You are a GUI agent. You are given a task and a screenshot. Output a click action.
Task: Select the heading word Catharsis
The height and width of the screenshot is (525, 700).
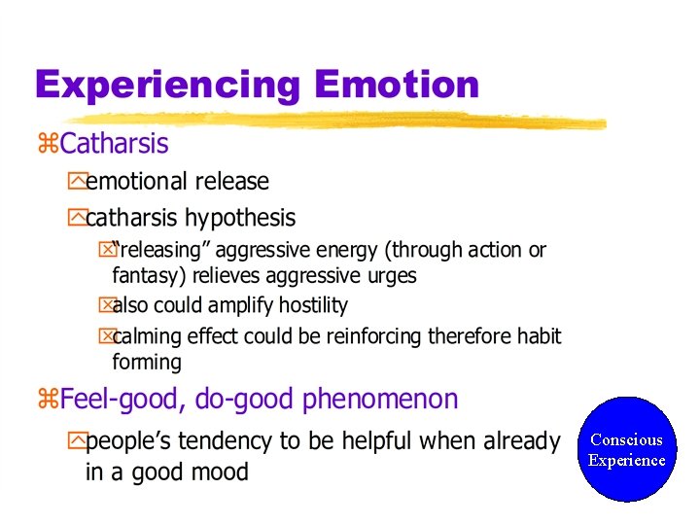point(114,144)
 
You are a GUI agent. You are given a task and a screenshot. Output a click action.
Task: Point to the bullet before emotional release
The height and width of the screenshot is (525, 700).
point(76,181)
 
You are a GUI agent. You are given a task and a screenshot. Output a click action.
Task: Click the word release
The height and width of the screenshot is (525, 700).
point(234,181)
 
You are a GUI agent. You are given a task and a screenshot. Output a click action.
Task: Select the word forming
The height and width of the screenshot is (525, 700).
point(147,362)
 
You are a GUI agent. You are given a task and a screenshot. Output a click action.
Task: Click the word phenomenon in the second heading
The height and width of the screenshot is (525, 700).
point(380,399)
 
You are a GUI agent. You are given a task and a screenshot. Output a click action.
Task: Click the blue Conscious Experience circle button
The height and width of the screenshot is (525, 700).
point(626,449)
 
